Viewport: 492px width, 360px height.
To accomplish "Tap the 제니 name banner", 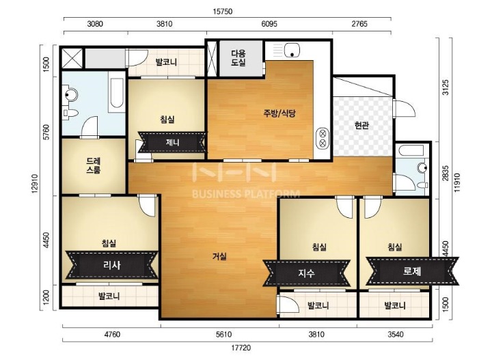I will (x=172, y=143).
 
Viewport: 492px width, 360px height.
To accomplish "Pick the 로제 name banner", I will (x=411, y=271).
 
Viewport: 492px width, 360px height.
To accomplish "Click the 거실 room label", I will (x=219, y=257).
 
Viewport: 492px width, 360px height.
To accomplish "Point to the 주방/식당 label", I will (x=280, y=113).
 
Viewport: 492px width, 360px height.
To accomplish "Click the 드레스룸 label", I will (x=94, y=165).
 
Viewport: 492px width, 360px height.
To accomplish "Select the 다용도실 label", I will (x=238, y=58).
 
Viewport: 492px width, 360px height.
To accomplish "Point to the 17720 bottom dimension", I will (x=242, y=348).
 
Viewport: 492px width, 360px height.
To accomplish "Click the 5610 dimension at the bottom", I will (x=219, y=334).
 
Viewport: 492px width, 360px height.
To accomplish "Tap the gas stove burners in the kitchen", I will (x=321, y=139).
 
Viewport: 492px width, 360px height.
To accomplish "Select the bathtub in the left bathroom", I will (x=116, y=95).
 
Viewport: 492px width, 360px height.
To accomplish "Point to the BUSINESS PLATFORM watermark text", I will (x=246, y=193).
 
